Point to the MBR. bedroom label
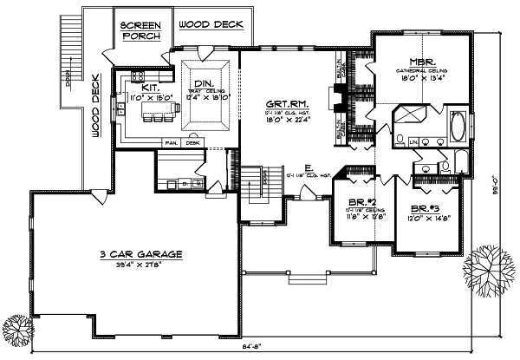coord(421,62)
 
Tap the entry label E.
coord(309,167)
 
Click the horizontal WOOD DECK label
coord(210,25)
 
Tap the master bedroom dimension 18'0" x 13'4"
coord(421,78)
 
